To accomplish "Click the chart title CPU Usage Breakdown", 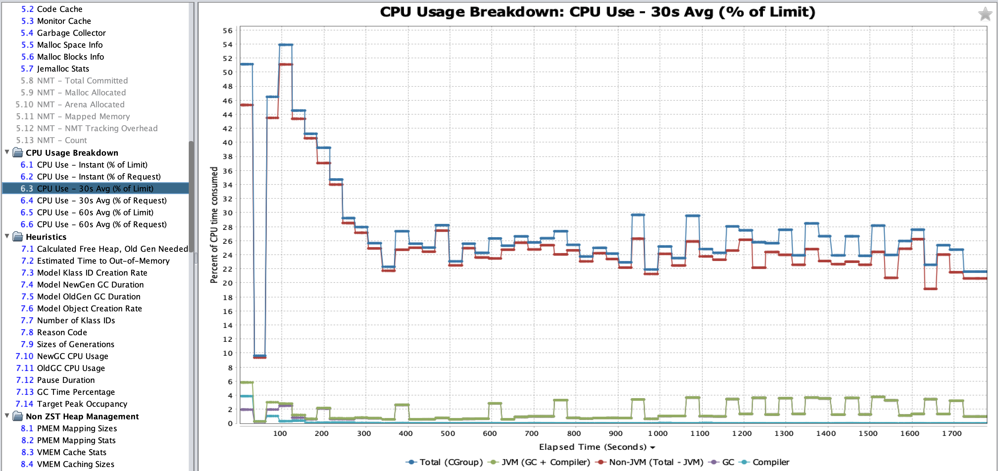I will (x=597, y=12).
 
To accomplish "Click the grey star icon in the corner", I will (x=984, y=14).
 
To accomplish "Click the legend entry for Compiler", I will (x=770, y=462).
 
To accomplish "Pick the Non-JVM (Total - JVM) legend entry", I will (x=656, y=462).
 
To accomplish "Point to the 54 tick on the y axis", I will (x=227, y=45).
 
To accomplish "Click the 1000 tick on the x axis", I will (x=658, y=433).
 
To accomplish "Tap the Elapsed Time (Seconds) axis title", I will (x=592, y=447).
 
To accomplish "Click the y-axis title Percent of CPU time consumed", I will (x=214, y=225).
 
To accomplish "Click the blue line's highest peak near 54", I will (x=285, y=45).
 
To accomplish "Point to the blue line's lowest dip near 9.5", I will (x=259, y=355).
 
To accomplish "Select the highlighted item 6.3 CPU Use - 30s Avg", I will (x=95, y=188).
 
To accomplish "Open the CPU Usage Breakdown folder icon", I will (x=18, y=152).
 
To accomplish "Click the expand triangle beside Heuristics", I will (x=7, y=236).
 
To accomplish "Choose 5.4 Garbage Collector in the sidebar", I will (x=71, y=33).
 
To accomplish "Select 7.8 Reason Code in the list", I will (x=62, y=332).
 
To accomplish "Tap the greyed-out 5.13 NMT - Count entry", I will (x=62, y=140).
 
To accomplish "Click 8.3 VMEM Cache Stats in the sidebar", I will (x=71, y=452).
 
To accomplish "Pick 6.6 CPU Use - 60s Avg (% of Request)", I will (x=102, y=225).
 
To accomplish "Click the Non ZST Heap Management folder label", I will (x=82, y=416).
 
